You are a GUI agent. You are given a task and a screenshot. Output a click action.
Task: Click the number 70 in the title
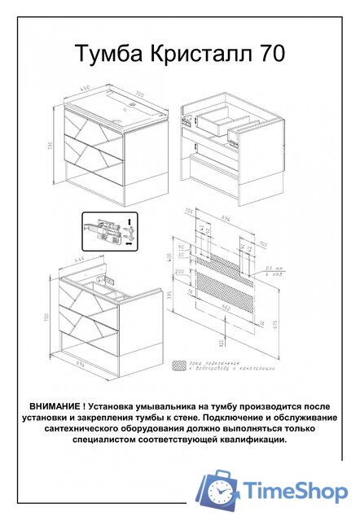click(x=272, y=55)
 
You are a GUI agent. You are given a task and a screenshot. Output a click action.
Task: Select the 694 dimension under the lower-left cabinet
click(x=82, y=365)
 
